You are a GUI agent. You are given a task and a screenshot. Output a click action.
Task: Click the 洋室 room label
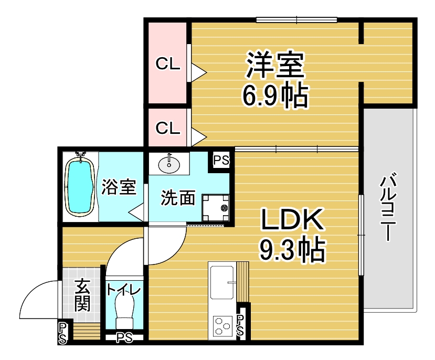coord(275,65)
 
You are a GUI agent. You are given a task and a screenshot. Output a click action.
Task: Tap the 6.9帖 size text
coord(275,96)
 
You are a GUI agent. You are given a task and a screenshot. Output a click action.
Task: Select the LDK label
coord(292,220)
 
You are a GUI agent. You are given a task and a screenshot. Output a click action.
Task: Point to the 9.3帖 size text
coord(292,250)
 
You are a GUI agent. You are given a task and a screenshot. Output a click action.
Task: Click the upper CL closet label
coord(168,64)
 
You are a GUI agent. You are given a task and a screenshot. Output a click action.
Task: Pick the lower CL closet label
coord(168,128)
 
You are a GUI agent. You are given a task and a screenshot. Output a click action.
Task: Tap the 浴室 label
coord(119,187)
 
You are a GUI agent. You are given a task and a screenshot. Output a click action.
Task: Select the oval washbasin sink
coord(168,165)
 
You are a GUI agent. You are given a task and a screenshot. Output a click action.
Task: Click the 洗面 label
coord(178,197)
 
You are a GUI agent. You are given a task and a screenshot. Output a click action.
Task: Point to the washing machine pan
coord(216,208)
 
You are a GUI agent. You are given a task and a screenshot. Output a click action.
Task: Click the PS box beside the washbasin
coord(221,160)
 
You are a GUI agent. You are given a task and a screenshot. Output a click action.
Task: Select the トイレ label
coord(124,290)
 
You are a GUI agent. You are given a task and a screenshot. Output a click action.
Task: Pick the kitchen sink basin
coord(222,282)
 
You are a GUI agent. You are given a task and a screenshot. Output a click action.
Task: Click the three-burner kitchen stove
coord(223,326)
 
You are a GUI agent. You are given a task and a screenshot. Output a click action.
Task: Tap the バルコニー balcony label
coord(388,207)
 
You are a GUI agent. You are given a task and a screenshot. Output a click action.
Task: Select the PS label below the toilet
coord(124,338)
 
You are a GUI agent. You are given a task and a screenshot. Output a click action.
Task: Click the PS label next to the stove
coord(240,325)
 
